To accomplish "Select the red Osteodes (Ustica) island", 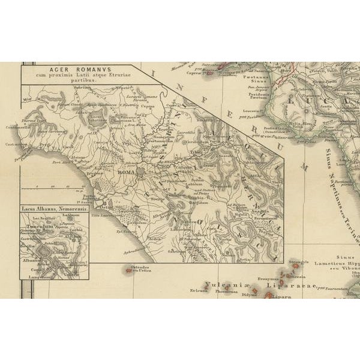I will (128, 271).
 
